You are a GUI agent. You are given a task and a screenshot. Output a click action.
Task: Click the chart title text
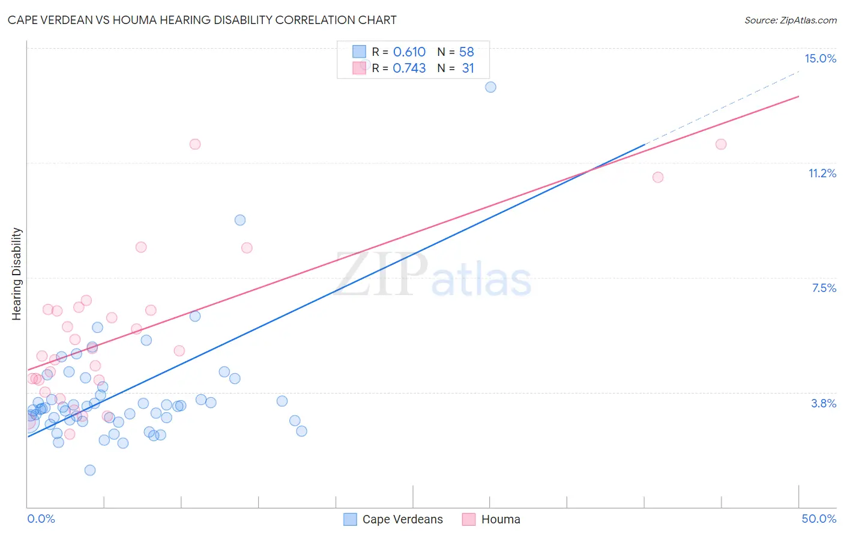coord(202,20)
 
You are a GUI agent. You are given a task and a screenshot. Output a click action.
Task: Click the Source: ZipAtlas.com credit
coord(790,20)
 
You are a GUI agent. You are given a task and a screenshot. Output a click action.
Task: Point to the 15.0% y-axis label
coord(820,58)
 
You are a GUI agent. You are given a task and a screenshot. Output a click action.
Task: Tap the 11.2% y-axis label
coord(822,173)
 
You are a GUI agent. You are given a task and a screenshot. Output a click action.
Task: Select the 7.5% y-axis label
coord(824,288)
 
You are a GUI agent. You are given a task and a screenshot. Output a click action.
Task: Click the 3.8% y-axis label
coord(824,403)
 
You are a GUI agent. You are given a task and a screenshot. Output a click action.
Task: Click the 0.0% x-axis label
coord(41,519)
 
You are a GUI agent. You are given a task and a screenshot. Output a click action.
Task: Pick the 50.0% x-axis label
coord(819,519)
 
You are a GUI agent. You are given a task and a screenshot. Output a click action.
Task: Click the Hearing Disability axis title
coord(17,273)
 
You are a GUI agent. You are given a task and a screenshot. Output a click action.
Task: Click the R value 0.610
coord(409,52)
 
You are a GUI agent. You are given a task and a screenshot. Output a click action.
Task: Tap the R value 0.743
coord(409,68)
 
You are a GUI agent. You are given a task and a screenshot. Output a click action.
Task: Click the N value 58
coord(466,52)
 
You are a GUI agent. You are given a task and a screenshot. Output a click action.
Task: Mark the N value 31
coord(468,68)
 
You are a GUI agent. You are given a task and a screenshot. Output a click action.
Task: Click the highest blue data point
coord(490,87)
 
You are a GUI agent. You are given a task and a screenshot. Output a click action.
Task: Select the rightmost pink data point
coord(721,144)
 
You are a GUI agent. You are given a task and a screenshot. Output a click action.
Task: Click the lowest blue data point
coord(90,470)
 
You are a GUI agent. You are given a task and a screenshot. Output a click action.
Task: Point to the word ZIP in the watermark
coord(381,275)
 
